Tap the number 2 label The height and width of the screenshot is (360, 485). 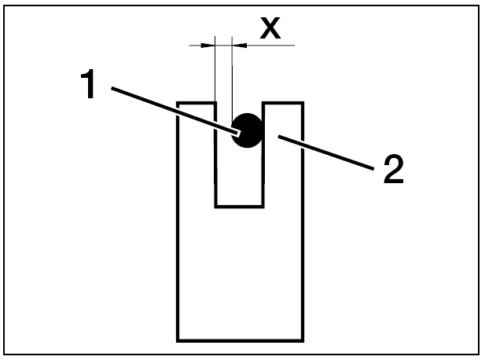(x=392, y=170)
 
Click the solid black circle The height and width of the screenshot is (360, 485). (x=246, y=130)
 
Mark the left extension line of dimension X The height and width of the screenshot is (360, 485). (x=215, y=71)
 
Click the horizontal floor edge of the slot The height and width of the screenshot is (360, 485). (x=240, y=207)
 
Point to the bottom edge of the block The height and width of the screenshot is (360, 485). (x=240, y=340)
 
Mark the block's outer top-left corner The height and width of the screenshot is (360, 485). (x=178, y=102)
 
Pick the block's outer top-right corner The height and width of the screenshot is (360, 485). (x=303, y=102)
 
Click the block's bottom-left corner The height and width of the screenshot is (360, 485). (x=178, y=340)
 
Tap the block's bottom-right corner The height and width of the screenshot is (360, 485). (x=303, y=340)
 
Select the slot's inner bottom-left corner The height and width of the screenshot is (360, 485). (x=216, y=207)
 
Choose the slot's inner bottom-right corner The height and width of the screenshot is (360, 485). (x=264, y=207)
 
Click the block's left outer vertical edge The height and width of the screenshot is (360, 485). (x=178, y=236)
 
